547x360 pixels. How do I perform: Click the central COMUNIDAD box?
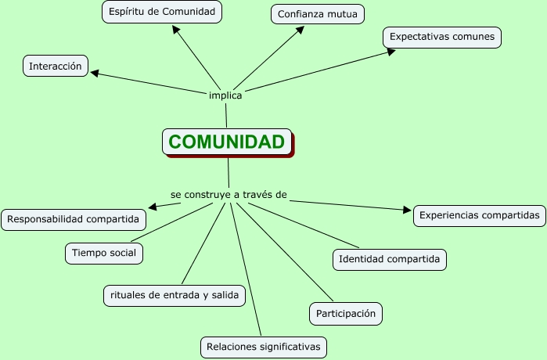pos(226,142)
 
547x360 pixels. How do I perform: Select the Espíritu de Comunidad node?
pos(162,12)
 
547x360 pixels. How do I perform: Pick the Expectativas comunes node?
pos(441,37)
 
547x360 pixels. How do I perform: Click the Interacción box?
pos(55,67)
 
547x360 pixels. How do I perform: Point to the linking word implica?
pos(225,95)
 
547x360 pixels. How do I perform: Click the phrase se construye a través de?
pos(229,193)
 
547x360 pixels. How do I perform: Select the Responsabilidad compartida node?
pos(74,219)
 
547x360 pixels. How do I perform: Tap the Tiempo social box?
pos(104,253)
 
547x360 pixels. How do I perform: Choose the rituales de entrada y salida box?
pos(175,295)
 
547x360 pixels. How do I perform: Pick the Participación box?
pos(346,314)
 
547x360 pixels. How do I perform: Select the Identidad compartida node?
pos(389,259)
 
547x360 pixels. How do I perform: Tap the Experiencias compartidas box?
pos(479,214)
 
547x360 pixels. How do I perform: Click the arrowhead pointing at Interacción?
pos(95,74)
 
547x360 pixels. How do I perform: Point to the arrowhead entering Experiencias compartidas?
pos(407,210)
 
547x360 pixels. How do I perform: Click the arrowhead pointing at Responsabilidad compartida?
pos(153,207)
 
